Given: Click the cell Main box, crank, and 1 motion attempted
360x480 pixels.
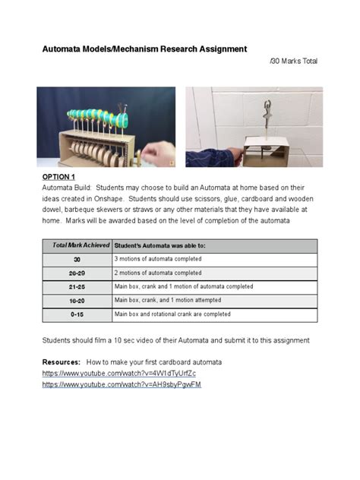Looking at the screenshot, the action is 169,300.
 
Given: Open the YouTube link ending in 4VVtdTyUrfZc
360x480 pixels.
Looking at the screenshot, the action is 118,374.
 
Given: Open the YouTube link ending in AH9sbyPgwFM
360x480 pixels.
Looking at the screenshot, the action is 122,385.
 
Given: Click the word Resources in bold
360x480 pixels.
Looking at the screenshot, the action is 61,362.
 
